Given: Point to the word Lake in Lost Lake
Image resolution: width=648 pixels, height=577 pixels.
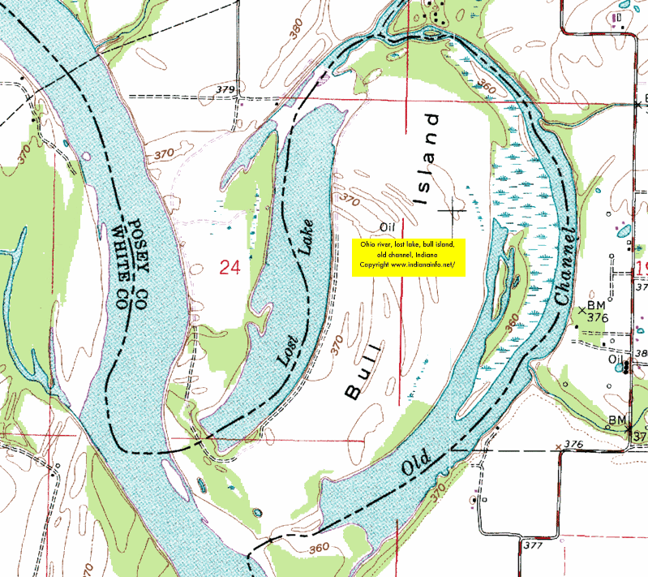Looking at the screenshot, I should [307, 237].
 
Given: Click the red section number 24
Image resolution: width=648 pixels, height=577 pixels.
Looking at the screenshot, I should [230, 267].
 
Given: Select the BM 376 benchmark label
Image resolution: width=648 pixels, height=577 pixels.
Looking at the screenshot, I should [598, 310].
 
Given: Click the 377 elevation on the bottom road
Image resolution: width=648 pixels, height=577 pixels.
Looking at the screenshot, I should [533, 545].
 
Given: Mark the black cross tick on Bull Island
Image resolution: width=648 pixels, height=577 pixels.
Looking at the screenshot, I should [451, 210].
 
